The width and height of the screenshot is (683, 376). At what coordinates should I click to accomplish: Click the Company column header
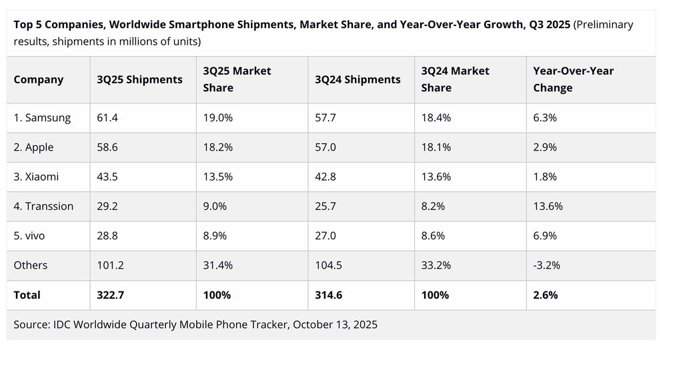pyautogui.click(x=38, y=79)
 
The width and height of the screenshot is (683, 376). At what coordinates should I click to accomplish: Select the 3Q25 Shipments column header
pyautogui.click(x=139, y=79)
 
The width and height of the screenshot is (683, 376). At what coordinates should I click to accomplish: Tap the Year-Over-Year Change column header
pyautogui.click(x=573, y=79)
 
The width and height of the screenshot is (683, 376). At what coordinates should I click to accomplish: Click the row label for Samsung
pyautogui.click(x=42, y=118)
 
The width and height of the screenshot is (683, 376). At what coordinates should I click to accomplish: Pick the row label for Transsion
pyautogui.click(x=43, y=206)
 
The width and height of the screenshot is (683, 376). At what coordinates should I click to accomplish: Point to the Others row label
pyautogui.click(x=31, y=265)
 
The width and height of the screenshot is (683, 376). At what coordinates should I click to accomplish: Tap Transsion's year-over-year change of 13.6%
pyautogui.click(x=548, y=206)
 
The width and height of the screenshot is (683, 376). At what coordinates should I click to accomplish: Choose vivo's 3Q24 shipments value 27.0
pyautogui.click(x=325, y=235)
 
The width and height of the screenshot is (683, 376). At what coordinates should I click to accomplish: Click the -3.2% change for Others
pyautogui.click(x=546, y=265)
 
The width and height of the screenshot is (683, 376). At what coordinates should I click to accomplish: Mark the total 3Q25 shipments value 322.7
pyautogui.click(x=110, y=295)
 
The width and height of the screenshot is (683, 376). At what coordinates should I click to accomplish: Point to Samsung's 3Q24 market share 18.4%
pyautogui.click(x=436, y=118)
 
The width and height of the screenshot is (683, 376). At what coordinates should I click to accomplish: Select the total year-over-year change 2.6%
pyautogui.click(x=545, y=295)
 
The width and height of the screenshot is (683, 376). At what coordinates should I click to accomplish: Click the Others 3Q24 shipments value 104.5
pyautogui.click(x=329, y=265)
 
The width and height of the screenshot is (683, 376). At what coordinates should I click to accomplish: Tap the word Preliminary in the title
pyautogui.click(x=604, y=25)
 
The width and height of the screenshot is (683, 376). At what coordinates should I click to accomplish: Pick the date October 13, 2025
pyautogui.click(x=335, y=325)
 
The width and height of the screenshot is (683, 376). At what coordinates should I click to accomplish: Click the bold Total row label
pyautogui.click(x=27, y=295)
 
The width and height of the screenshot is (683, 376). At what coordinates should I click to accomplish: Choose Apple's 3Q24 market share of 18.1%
pyautogui.click(x=436, y=147)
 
